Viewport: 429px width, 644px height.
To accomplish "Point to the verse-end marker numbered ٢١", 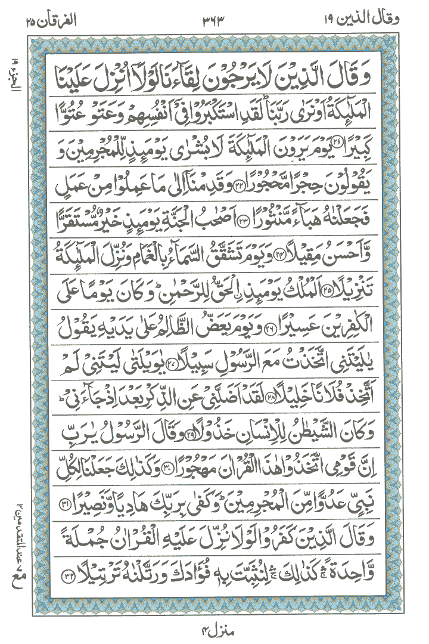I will (x=340, y=146).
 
